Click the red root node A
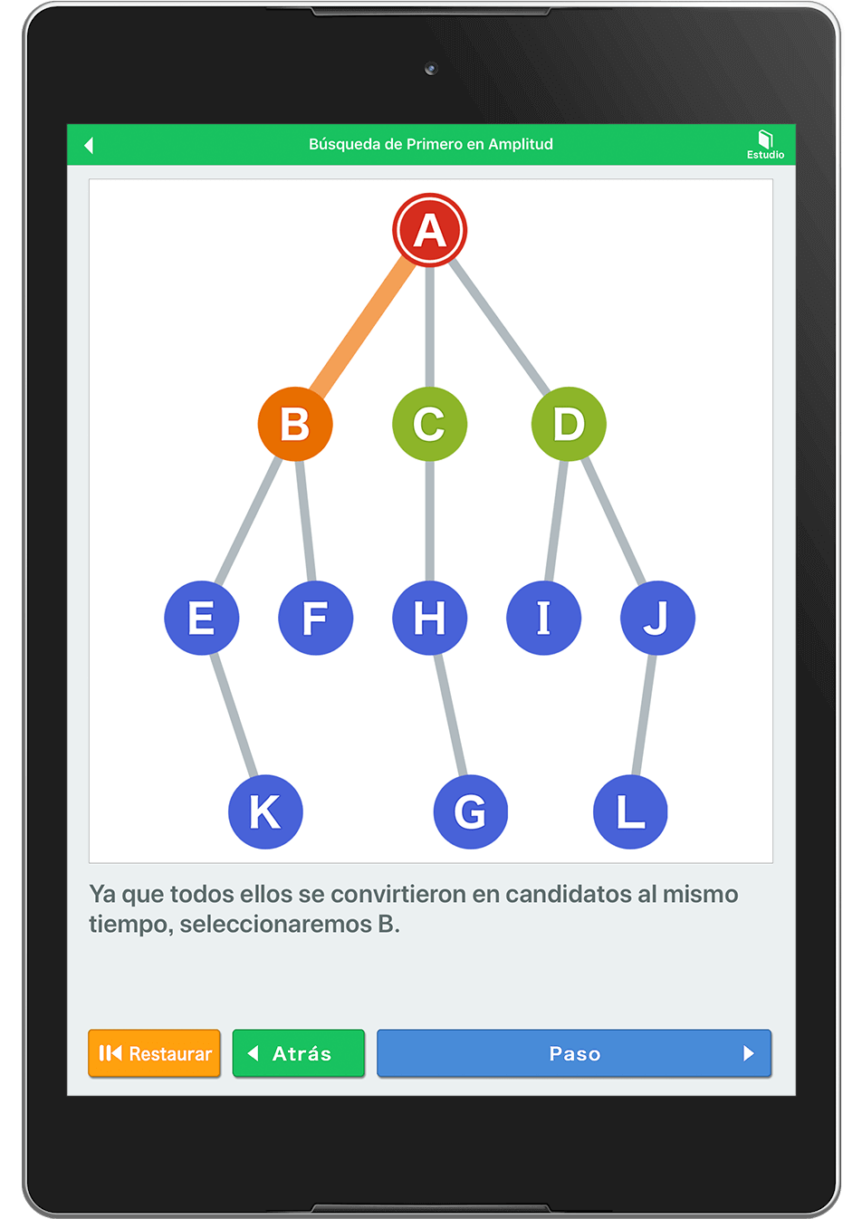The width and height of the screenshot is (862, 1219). tap(429, 230)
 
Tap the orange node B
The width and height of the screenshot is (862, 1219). tap(295, 424)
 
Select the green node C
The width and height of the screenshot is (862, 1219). tap(429, 424)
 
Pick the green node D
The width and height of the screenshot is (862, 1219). tap(569, 424)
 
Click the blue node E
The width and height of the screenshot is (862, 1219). tap(201, 618)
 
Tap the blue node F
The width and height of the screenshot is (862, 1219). tap(316, 618)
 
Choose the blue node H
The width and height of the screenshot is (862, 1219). tap(429, 618)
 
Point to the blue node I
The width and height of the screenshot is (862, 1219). tap(543, 618)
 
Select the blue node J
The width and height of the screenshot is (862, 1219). tap(657, 618)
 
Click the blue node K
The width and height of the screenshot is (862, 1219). tap(265, 811)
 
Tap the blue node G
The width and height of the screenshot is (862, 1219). tap(471, 811)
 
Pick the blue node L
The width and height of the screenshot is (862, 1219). tap(630, 811)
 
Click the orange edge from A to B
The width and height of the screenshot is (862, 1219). tap(362, 327)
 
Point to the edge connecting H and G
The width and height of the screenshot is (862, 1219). tap(450, 715)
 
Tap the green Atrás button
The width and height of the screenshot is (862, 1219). tap(298, 1053)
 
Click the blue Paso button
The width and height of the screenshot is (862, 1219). tap(574, 1053)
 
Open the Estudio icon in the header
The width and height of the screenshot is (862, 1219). tap(765, 144)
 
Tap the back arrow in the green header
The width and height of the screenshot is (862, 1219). tap(89, 145)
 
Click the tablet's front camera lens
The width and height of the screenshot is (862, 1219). tap(431, 69)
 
